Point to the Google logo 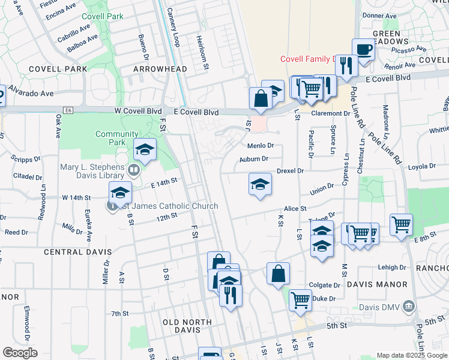coord(20,353)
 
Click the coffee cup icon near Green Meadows coord(363,49)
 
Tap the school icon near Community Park coord(145,150)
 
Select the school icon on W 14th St coord(120,193)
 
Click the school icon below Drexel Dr coord(260,184)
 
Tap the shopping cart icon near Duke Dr coord(300,299)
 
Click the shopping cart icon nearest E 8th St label coord(400,225)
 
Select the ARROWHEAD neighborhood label coord(160,69)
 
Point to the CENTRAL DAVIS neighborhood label coord(71,252)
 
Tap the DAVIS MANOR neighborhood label coord(384,284)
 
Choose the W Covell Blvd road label coord(139,112)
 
